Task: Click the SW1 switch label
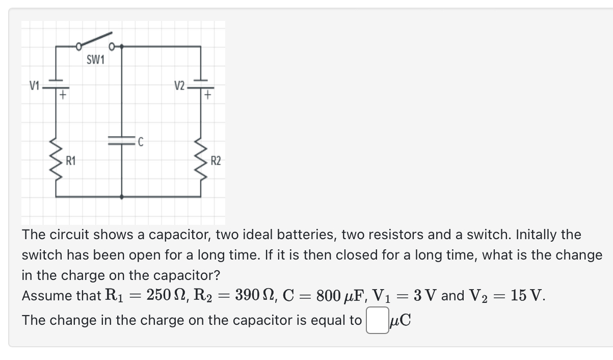pyautogui.click(x=95, y=60)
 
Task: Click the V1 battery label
pyautogui.click(x=34, y=85)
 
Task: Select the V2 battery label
pyautogui.click(x=179, y=85)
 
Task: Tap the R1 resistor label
pyautogui.click(x=71, y=162)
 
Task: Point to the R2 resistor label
pyautogui.click(x=216, y=162)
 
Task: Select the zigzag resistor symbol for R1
pyautogui.click(x=56, y=161)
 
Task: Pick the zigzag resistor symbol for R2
pyautogui.click(x=201, y=161)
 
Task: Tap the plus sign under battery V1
pyautogui.click(x=62, y=94)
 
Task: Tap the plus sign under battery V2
pyautogui.click(x=208, y=94)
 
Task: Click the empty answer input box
pyautogui.click(x=376, y=321)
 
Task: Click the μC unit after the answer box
pyautogui.click(x=400, y=321)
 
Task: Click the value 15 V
pyautogui.click(x=527, y=295)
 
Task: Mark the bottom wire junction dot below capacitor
pyautogui.click(x=121, y=196)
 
